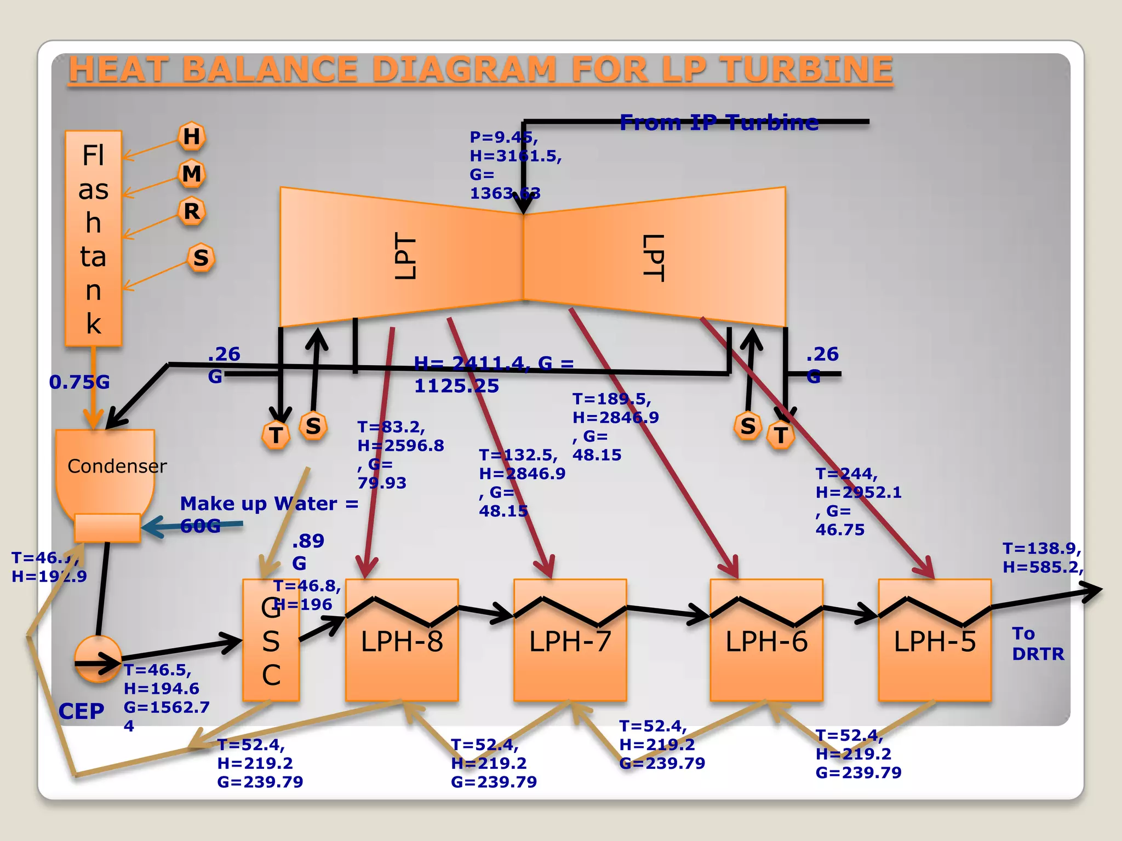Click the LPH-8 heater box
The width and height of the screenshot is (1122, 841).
click(x=402, y=657)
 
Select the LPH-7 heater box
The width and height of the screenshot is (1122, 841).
click(x=570, y=657)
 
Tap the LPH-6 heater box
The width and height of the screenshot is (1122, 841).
click(x=766, y=657)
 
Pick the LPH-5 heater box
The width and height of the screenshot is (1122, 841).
click(x=935, y=657)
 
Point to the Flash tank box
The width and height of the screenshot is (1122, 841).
click(x=93, y=238)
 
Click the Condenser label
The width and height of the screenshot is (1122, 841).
click(x=117, y=466)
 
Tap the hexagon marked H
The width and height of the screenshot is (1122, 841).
click(x=192, y=136)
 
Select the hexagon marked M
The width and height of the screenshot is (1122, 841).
click(x=192, y=174)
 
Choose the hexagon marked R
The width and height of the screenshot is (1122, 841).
click(x=192, y=211)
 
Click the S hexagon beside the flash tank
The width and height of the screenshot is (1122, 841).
click(x=201, y=257)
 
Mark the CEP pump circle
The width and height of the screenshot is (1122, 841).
click(x=98, y=659)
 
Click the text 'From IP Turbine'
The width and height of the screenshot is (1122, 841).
click(x=719, y=123)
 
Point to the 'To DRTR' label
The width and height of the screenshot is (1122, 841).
click(x=1038, y=644)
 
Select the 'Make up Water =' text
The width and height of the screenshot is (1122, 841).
click(x=269, y=504)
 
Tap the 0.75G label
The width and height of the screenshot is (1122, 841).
click(x=79, y=382)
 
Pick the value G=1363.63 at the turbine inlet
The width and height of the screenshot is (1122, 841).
click(x=504, y=185)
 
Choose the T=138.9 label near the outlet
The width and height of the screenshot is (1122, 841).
click(x=1041, y=549)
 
